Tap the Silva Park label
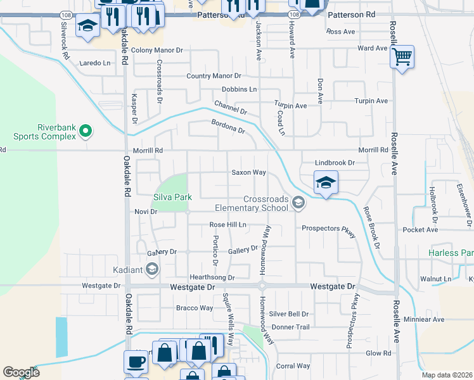pos(172,198)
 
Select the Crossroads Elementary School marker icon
pos(299,203)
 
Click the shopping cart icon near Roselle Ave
pos(402,58)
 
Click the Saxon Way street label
pos(248,172)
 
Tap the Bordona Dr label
pos(228,127)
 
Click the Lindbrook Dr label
pos(335,163)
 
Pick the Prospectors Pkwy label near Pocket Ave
pos(325,228)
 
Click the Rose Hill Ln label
pos(227,225)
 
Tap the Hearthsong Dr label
pos(212,277)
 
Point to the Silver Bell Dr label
pos(288,313)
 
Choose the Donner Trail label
pos(290,327)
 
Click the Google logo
pos(21,372)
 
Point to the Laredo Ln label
pos(94,63)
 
